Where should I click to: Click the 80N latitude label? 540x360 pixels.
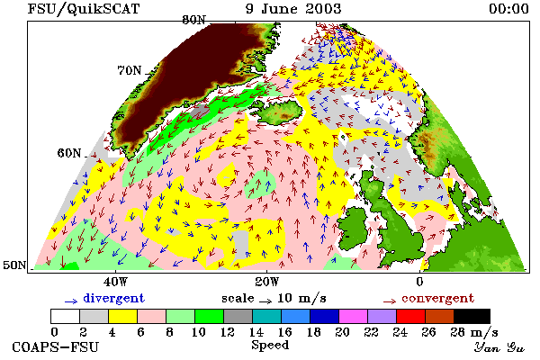(193, 21)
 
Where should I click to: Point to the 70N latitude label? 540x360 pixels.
(130, 70)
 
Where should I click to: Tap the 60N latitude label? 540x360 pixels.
(69, 153)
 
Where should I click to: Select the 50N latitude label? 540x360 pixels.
(14, 265)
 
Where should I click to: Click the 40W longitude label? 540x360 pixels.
(115, 282)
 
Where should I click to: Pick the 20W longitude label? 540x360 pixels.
(267, 282)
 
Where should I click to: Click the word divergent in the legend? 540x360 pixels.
(113, 298)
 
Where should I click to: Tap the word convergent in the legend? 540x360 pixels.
(437, 298)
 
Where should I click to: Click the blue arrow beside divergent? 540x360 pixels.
(71, 301)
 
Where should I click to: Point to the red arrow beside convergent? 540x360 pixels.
(390, 301)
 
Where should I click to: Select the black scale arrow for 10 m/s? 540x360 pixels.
(265, 301)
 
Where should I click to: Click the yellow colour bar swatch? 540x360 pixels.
(122, 316)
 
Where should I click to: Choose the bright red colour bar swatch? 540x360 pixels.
(410, 316)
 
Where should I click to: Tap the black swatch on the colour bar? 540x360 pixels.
(472, 316)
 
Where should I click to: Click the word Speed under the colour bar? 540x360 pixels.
(270, 346)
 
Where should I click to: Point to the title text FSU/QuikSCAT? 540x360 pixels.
(84, 9)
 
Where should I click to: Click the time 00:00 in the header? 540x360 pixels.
(508, 9)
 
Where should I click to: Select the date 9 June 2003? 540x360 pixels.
(293, 9)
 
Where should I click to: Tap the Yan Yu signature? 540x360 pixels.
(499, 347)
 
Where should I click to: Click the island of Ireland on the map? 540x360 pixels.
(355, 228)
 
